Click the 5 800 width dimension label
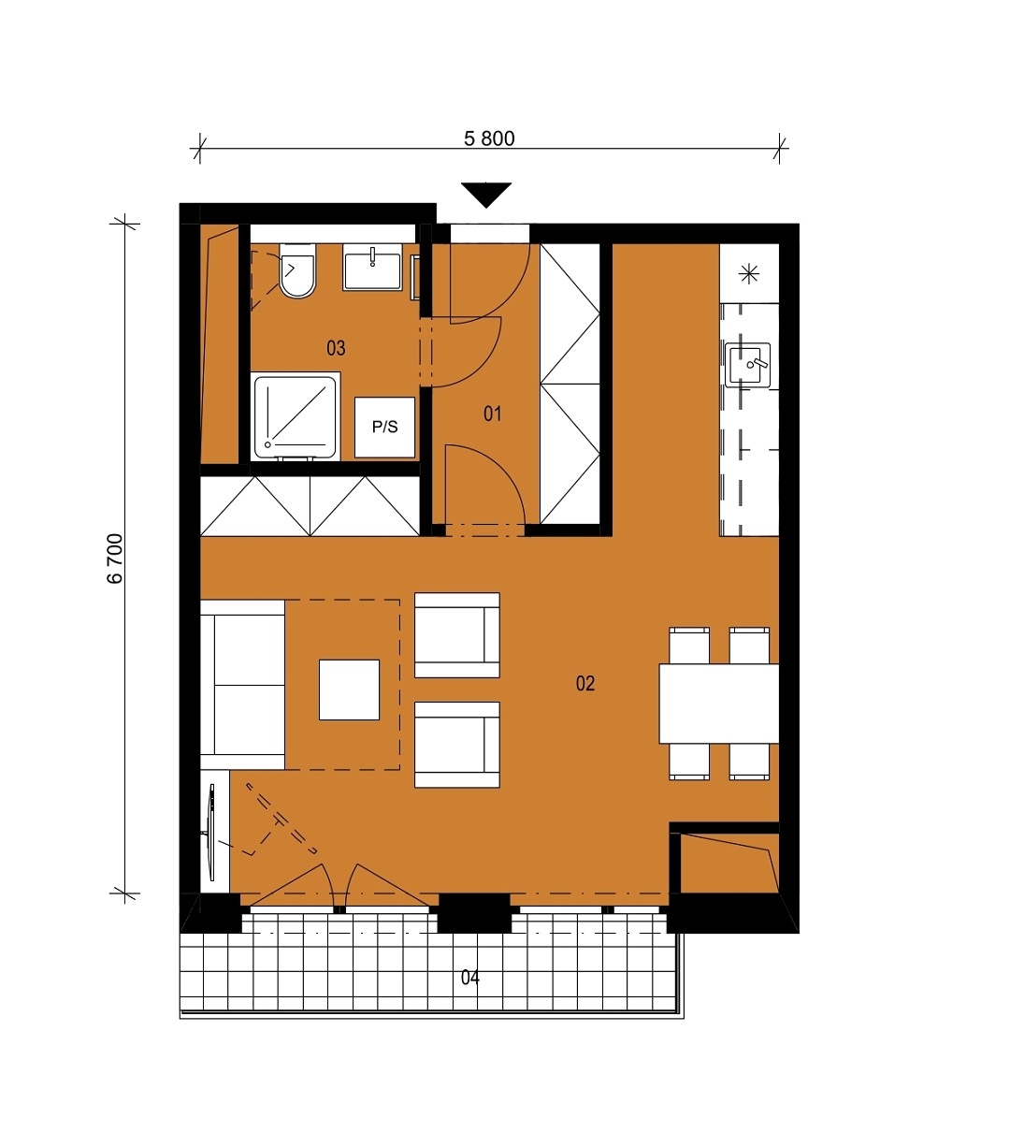pos(489,138)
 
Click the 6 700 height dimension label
pos(115,559)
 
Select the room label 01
pos(492,414)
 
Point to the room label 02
pos(585,683)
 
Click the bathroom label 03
pos(336,348)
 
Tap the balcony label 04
pos(470,977)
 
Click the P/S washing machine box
pos(384,427)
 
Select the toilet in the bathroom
pos(297,270)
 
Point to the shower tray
pos(295,416)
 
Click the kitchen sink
pos(747,365)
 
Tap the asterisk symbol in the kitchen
pos(749,274)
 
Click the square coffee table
pos(349,690)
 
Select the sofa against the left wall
pos(243,685)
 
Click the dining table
pos(719,704)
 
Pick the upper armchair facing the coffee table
pos(457,634)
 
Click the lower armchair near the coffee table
pos(457,745)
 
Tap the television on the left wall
pos(211,833)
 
